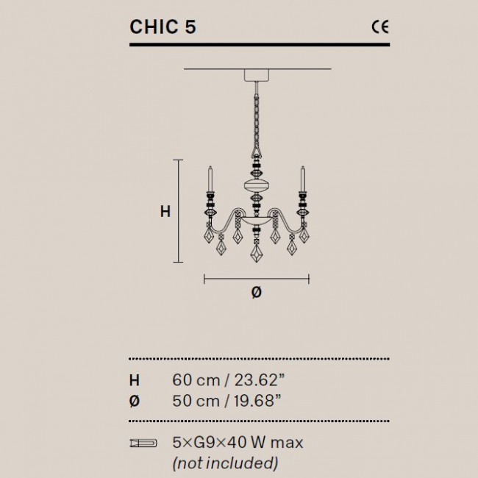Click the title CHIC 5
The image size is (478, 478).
pos(163,27)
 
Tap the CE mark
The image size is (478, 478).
pos(379,27)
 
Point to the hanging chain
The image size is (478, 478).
pos(257,118)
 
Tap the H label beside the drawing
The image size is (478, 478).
pos(165,212)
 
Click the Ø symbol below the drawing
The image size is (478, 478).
pos(256,292)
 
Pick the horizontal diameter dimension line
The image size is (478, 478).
pos(257,279)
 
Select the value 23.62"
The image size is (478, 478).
pos(254,380)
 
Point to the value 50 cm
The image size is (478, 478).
pos(195,401)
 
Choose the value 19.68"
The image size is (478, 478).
pos(254,401)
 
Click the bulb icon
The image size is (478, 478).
pos(143,443)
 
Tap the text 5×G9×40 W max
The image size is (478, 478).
pos(237,443)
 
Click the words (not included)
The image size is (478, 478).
pos(225,463)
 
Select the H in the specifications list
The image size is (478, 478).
pos(134,380)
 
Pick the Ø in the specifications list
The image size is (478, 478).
pos(134,401)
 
